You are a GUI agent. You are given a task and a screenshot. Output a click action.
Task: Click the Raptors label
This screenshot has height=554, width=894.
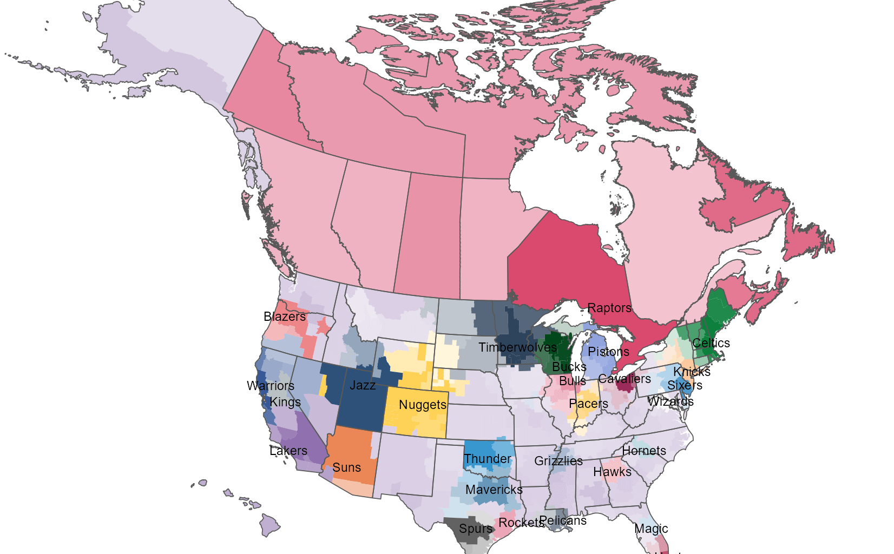[609, 308]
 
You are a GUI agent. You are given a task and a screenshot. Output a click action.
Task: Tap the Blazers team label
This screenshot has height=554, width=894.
[285, 316]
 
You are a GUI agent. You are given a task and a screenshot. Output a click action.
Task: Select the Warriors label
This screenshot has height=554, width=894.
[271, 386]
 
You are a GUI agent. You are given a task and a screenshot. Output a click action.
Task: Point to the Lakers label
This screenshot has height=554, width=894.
[288, 451]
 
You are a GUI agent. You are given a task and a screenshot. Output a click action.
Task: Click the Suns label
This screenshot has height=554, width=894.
[347, 467]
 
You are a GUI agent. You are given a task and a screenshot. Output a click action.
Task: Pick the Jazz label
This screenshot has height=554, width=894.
[363, 385]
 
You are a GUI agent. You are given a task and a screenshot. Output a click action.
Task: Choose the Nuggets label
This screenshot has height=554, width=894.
[423, 405]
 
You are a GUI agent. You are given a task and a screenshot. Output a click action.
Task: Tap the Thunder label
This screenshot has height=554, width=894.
[488, 459]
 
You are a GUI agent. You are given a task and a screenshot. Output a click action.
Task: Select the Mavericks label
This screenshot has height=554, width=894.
[494, 490]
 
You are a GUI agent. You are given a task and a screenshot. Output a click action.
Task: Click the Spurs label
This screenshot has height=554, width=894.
[476, 529]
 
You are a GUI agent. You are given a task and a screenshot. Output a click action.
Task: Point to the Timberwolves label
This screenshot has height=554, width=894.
[517, 347]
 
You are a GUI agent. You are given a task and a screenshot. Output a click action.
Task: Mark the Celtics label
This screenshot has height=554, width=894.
[711, 343]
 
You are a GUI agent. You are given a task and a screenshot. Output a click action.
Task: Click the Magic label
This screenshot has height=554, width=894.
[651, 529]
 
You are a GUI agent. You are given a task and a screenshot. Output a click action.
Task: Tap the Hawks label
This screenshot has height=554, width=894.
[613, 472]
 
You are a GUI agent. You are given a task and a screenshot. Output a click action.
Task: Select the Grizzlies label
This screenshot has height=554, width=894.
[558, 461]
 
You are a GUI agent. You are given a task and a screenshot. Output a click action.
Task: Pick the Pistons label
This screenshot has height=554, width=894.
[609, 352]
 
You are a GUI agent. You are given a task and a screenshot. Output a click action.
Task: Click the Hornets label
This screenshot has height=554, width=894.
[644, 451]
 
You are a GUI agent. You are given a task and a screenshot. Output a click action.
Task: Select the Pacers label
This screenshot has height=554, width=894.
[589, 404]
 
